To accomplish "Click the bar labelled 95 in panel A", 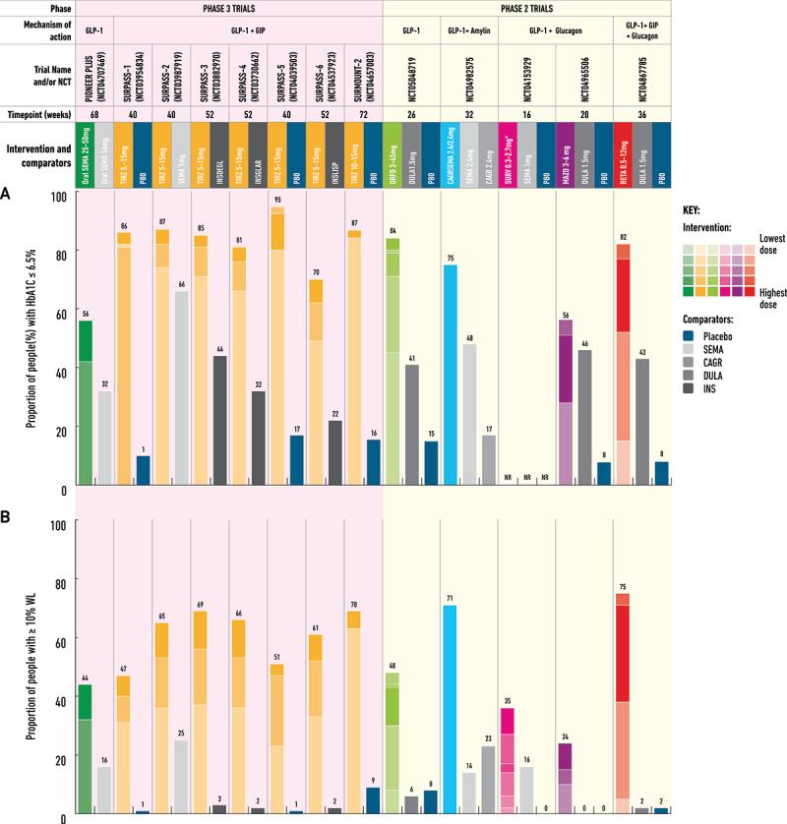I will point(277,334).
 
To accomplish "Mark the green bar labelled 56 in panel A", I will point(86,403).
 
